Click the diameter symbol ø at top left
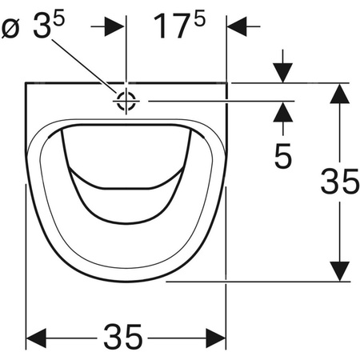[10, 29]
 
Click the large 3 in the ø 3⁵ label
[42, 26]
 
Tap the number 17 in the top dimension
[172, 26]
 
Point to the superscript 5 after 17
[200, 18]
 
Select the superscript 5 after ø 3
[59, 18]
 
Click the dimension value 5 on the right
[283, 156]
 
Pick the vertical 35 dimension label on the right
[340, 182]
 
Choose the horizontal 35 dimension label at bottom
[122, 337]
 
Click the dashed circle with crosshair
[126, 101]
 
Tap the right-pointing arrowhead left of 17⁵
[114, 26]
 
